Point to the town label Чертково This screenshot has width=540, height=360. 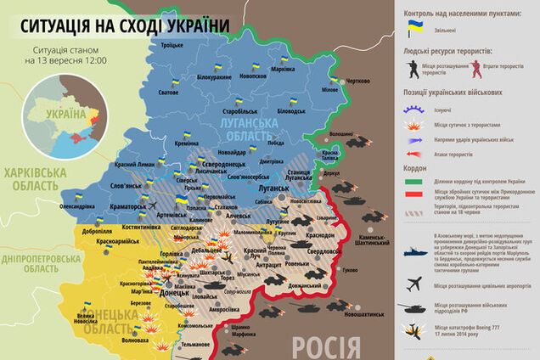tap(357, 82)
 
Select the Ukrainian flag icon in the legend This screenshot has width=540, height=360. tap(415, 30)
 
